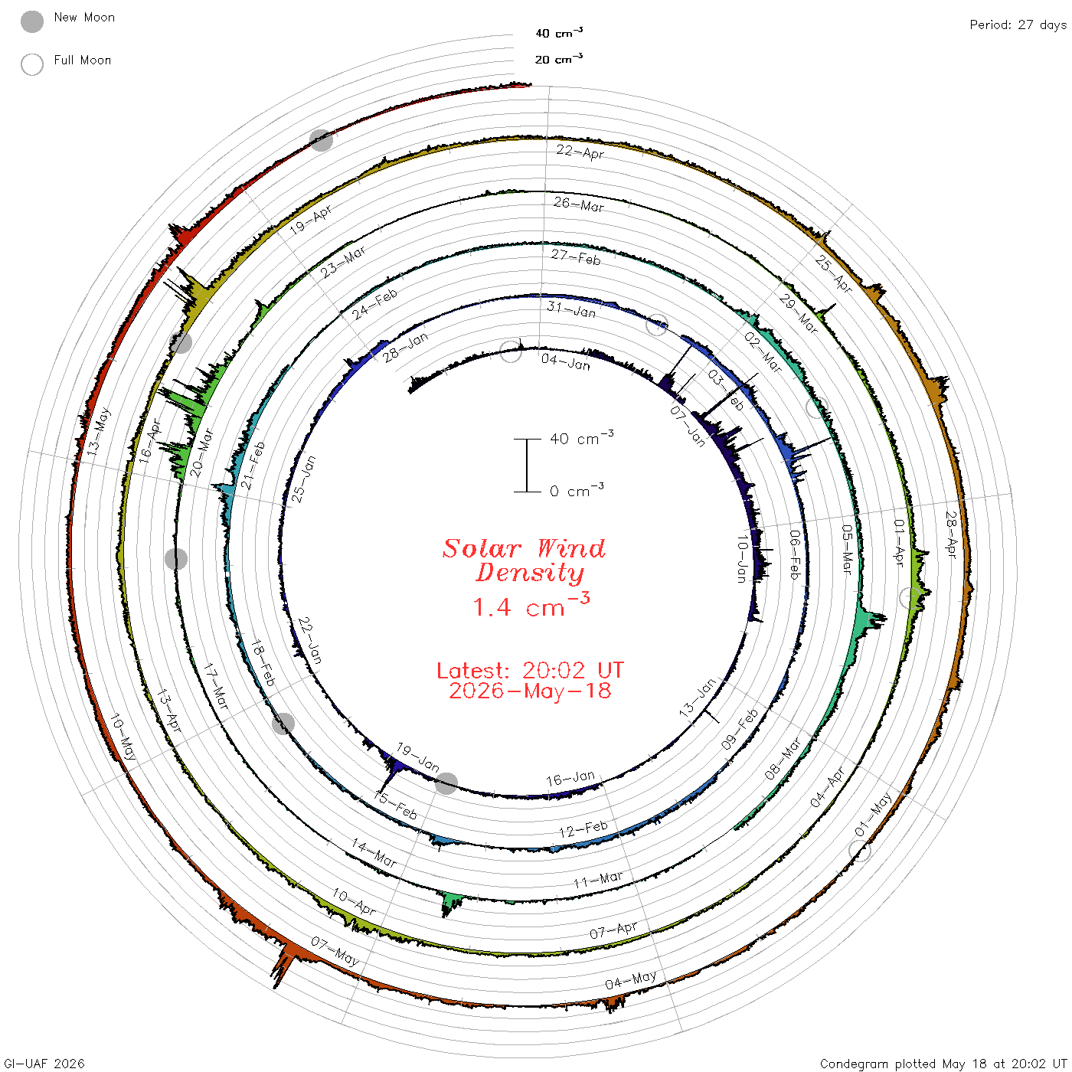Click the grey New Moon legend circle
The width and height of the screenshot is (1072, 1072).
[32, 21]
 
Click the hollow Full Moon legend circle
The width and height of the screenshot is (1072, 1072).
[32, 64]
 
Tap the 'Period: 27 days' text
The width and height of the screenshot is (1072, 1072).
[1018, 25]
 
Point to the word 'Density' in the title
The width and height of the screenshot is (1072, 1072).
[530, 573]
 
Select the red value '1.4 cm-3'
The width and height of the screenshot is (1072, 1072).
[531, 606]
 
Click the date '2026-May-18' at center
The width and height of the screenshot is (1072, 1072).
[530, 691]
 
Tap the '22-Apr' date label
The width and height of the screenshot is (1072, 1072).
[580, 152]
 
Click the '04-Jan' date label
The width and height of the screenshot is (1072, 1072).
[566, 362]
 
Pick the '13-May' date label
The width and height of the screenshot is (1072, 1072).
[99, 432]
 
